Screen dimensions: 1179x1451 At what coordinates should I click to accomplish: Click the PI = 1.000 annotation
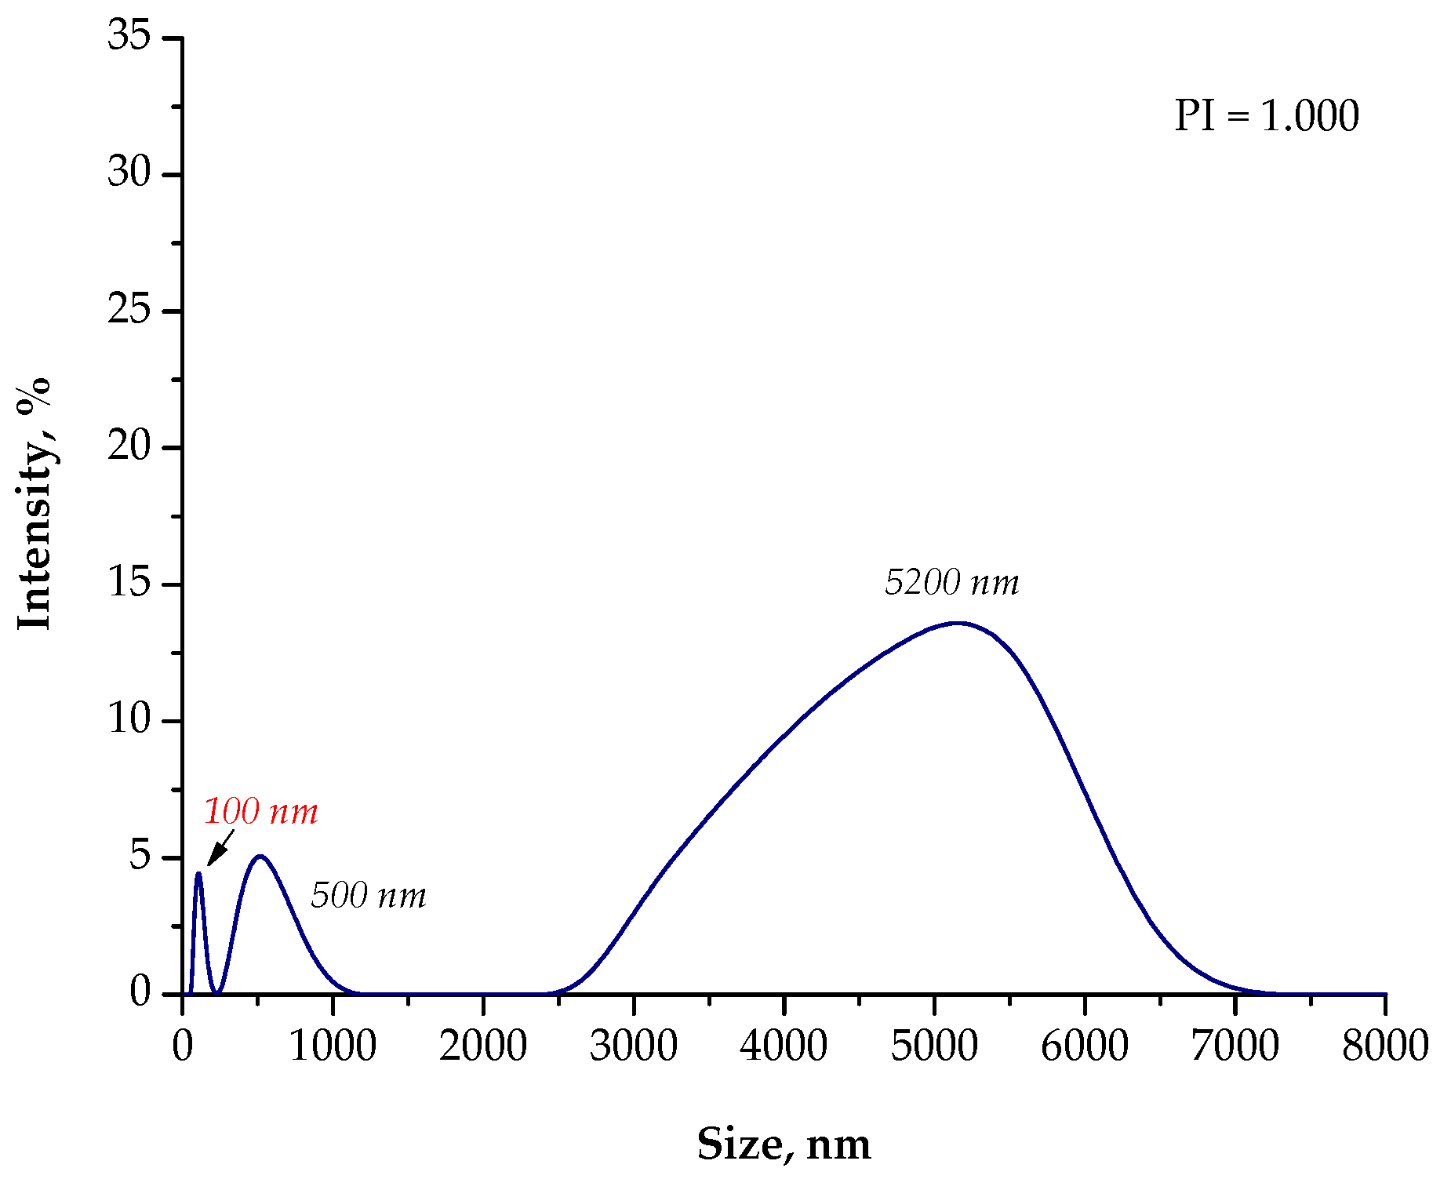pos(1266,116)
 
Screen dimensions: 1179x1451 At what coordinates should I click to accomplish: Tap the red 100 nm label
pos(260,812)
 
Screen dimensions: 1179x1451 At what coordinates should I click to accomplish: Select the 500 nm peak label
pos(368,896)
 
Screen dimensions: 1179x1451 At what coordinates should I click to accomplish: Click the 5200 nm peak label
pos(951,582)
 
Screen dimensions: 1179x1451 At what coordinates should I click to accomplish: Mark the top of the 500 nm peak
pos(260,857)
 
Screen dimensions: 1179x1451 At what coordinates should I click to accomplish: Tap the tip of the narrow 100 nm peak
pos(198,873)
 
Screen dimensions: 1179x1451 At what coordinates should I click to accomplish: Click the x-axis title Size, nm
pos(784,1144)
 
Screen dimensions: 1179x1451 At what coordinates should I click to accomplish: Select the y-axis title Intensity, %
pos(34,503)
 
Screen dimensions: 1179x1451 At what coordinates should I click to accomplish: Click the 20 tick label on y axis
pos(129,447)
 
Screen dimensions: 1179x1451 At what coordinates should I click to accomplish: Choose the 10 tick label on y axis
pos(129,719)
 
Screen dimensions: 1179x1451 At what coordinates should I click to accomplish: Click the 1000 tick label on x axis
pos(333,1046)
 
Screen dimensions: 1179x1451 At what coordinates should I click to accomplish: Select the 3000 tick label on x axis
pos(633,1046)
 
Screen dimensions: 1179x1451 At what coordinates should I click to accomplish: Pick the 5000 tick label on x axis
pos(933,1046)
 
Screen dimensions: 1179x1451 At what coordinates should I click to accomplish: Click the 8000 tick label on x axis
pos(1384,1046)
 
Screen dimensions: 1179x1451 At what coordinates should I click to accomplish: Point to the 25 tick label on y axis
pos(129,311)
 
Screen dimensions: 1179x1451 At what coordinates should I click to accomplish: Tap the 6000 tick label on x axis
pos(1084,1046)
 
